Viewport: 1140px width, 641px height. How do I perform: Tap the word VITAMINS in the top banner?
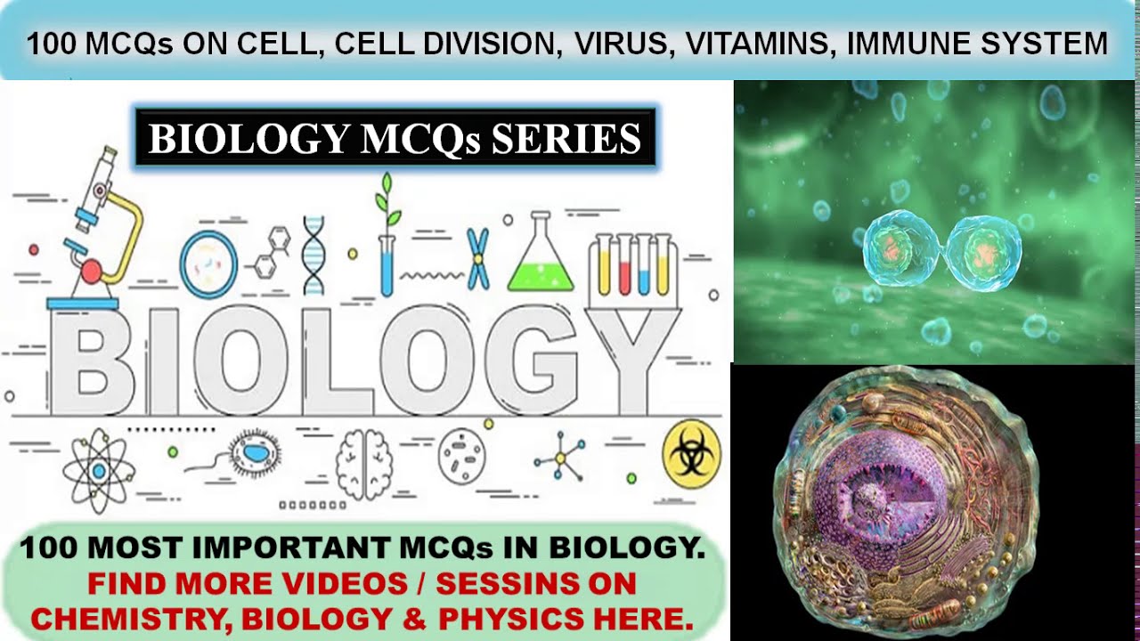tap(757, 44)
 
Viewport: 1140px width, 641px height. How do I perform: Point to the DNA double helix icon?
tap(313, 256)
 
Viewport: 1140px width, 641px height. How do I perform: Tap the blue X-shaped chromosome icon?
tap(478, 258)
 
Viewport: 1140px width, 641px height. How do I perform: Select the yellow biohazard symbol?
tap(691, 454)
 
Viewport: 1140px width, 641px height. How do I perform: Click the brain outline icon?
tap(364, 464)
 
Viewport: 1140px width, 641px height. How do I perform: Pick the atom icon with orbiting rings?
tap(99, 471)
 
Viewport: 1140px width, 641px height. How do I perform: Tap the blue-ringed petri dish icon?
tap(208, 264)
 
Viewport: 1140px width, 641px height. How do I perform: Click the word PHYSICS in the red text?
tap(511, 619)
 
